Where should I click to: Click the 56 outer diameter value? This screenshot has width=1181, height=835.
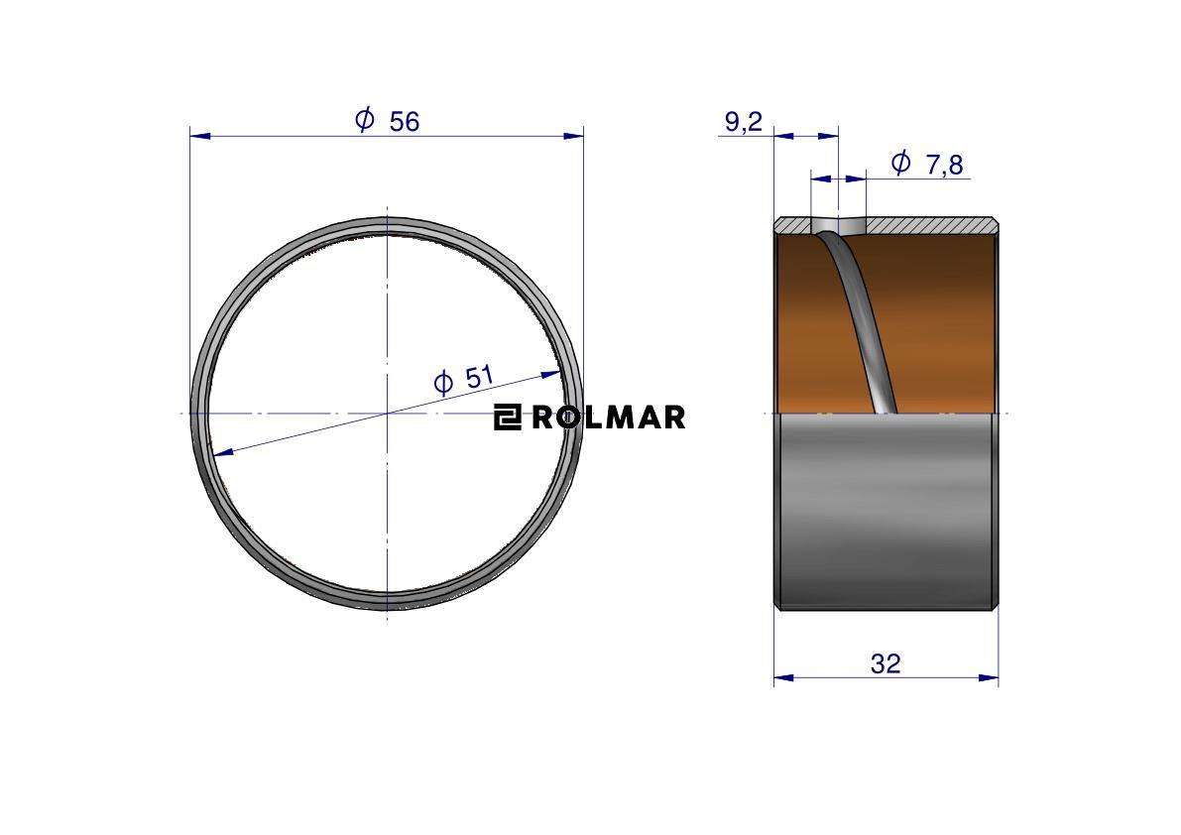click(405, 121)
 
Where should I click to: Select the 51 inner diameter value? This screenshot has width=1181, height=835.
click(478, 376)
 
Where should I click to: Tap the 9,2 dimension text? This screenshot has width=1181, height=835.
click(744, 121)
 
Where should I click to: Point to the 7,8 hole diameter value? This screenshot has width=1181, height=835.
click(944, 165)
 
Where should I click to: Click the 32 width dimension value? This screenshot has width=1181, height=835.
click(886, 663)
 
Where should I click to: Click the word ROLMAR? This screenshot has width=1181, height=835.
click(609, 417)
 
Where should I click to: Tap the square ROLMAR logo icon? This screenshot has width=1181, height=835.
click(508, 417)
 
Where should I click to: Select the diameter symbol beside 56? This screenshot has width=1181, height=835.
click(365, 119)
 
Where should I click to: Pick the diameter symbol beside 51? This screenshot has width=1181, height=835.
click(443, 383)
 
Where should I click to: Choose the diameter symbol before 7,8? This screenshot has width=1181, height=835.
click(900, 162)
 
